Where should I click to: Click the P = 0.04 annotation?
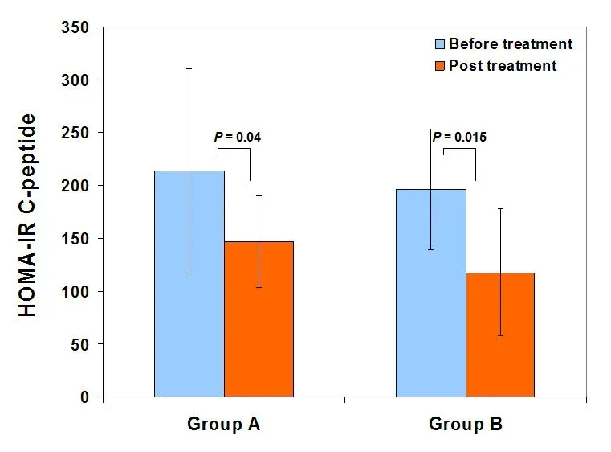click(x=238, y=137)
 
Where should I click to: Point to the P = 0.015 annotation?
click(x=459, y=137)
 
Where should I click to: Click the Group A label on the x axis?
click(x=223, y=424)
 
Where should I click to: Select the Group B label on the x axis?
click(x=465, y=424)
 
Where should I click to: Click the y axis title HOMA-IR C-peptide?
click(x=28, y=216)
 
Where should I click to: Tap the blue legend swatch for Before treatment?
click(x=440, y=43)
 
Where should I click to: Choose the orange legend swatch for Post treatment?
click(x=440, y=66)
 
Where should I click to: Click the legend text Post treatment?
click(x=503, y=66)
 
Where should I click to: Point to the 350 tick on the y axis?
click(x=79, y=27)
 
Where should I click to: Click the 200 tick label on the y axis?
click(x=79, y=186)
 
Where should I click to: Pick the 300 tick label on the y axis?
click(x=79, y=80)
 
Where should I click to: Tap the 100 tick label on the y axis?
click(x=79, y=291)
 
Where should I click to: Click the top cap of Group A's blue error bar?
click(x=189, y=68)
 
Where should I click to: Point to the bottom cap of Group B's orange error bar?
click(x=499, y=335)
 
